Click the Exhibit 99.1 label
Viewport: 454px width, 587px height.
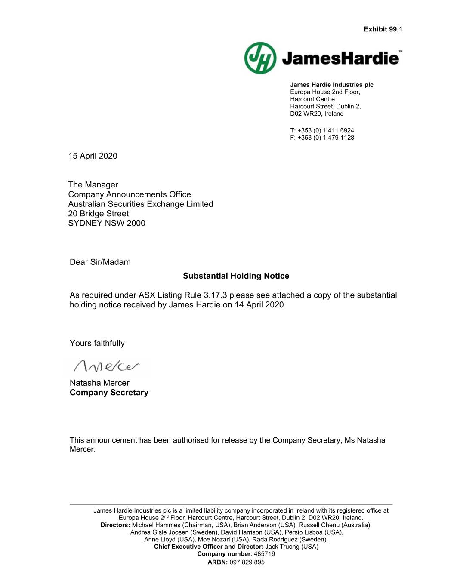click(x=383, y=29)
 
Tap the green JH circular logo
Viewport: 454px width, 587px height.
click(x=260, y=58)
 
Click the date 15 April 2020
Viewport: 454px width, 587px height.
click(x=93, y=156)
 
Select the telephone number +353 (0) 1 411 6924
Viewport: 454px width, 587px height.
click(x=326, y=130)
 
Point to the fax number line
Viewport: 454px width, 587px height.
click(x=322, y=138)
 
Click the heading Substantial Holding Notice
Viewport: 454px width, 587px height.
click(x=236, y=276)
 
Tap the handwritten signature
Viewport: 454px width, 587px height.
click(x=107, y=367)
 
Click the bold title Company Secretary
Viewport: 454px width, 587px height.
click(x=109, y=393)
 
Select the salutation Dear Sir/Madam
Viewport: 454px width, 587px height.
click(x=100, y=262)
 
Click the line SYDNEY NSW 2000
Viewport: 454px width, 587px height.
click(x=107, y=223)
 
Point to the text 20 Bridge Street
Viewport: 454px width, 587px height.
click(x=98, y=214)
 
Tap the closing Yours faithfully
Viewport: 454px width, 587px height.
click(x=97, y=343)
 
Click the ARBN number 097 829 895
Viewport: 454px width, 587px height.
click(x=247, y=562)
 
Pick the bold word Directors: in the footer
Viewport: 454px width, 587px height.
click(x=115, y=525)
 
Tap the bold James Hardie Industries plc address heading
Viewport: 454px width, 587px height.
click(x=332, y=85)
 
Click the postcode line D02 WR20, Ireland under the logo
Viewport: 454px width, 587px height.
click(x=317, y=114)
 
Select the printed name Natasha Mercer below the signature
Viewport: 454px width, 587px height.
click(x=99, y=383)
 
